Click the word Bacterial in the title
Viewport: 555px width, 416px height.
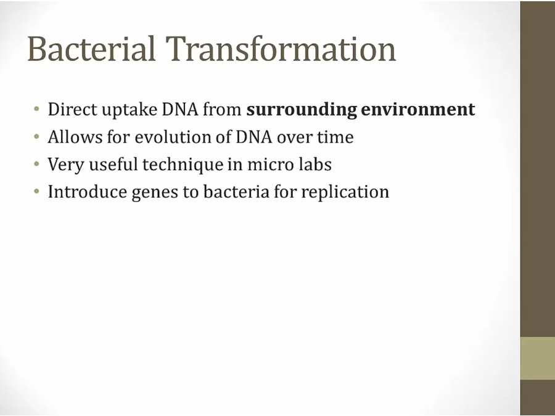pos(91,49)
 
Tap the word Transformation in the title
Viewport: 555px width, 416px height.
pos(281,49)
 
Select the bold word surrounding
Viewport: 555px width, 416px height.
pos(302,110)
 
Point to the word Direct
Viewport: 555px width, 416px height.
pos(72,109)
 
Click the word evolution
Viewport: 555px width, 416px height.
pos(181,137)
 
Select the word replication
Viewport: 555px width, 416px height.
pos(345,192)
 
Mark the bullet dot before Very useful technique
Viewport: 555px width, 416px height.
pos(36,164)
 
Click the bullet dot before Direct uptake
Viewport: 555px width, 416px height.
pos(36,109)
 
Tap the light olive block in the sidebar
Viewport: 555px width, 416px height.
pos(537,358)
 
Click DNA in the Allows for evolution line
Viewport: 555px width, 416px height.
pos(254,137)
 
